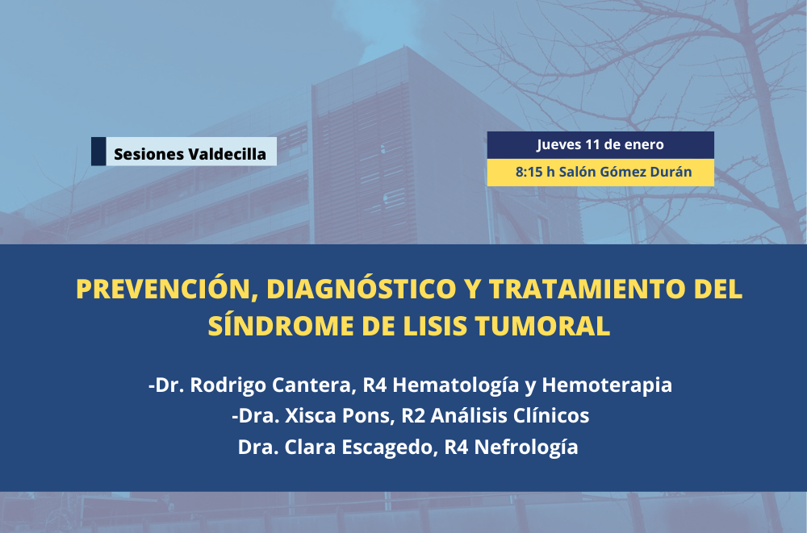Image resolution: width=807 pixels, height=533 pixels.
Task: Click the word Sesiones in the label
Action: [148, 154]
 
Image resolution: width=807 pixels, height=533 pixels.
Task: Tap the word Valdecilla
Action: [228, 154]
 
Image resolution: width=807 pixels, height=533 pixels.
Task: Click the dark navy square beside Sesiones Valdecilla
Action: [98, 152]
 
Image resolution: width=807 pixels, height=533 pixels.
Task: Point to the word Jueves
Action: [559, 145]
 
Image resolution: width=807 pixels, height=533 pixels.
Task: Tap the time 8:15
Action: [529, 172]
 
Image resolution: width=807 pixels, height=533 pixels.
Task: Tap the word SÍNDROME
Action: [281, 325]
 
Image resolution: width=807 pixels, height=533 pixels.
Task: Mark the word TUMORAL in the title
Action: [542, 326]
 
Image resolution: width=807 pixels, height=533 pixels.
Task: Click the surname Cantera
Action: [314, 385]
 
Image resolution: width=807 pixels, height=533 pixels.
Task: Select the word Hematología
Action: [455, 385]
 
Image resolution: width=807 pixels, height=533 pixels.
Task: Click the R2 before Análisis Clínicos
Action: [412, 416]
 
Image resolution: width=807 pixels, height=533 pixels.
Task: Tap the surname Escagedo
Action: [390, 447]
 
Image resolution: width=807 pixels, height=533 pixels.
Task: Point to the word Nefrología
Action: [526, 447]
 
